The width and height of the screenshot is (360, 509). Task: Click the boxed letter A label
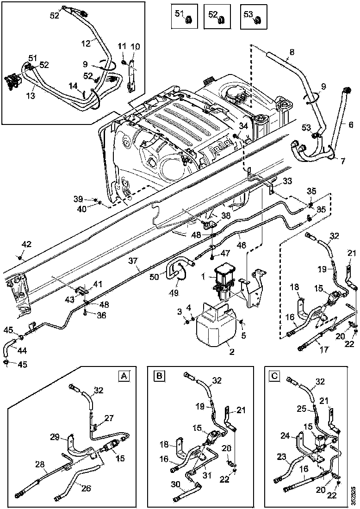coord(124,376)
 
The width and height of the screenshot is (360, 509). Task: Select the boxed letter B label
coord(159,376)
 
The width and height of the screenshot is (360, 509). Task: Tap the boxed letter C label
coord(274,376)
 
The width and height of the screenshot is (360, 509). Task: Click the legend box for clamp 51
coord(184,16)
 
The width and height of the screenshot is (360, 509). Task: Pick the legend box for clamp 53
coord(253,16)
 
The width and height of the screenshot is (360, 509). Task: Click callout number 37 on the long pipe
coord(134,261)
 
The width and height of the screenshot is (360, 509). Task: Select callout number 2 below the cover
coord(232,352)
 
